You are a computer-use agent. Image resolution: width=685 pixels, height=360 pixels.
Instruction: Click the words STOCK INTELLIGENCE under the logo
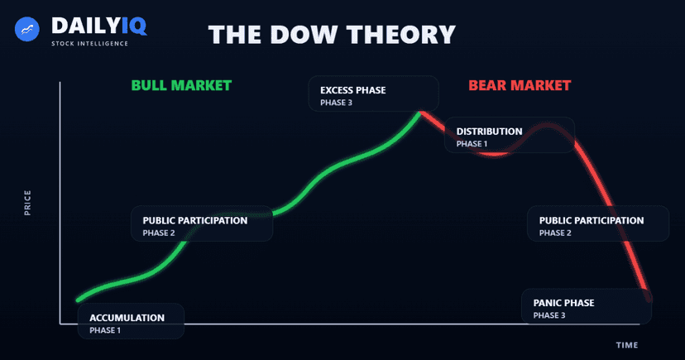click(89, 43)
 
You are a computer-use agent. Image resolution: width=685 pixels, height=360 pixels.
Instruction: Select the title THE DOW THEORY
click(332, 35)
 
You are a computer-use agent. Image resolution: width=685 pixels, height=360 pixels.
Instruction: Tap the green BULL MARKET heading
click(181, 85)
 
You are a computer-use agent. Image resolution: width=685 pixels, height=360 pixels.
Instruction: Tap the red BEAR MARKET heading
click(520, 85)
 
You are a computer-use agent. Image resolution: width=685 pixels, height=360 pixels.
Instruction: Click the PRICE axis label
click(27, 203)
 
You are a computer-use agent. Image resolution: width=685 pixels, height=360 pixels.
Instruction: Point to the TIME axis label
click(627, 344)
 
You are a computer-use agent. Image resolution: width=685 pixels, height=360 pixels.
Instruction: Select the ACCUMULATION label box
click(130, 322)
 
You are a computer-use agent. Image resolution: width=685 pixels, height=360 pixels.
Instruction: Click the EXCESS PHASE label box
click(373, 94)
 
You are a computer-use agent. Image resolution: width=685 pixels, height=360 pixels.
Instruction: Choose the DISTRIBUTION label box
click(509, 135)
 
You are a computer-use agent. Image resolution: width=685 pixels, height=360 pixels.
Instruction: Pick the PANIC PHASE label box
click(586, 307)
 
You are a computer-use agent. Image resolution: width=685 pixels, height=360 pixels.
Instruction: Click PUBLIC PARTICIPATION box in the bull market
click(202, 224)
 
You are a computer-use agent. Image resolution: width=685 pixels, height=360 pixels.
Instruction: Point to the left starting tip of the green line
click(78, 300)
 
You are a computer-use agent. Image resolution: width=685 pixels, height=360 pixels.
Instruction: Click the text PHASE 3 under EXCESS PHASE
click(336, 103)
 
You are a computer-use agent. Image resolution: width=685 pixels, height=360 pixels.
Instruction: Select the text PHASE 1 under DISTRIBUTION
click(472, 144)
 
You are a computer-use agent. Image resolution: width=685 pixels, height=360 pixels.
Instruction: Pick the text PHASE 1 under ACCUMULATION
click(105, 330)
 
